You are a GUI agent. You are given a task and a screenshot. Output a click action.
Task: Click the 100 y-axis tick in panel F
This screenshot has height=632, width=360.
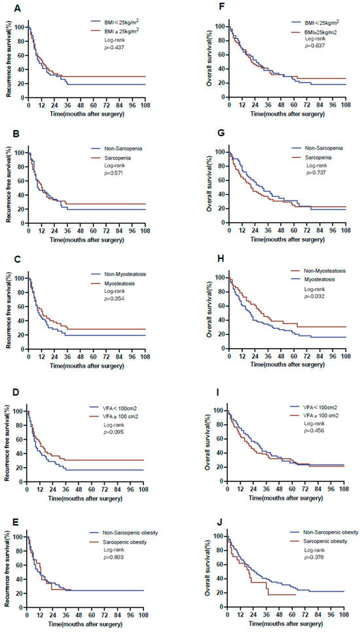[x=219, y=27]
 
